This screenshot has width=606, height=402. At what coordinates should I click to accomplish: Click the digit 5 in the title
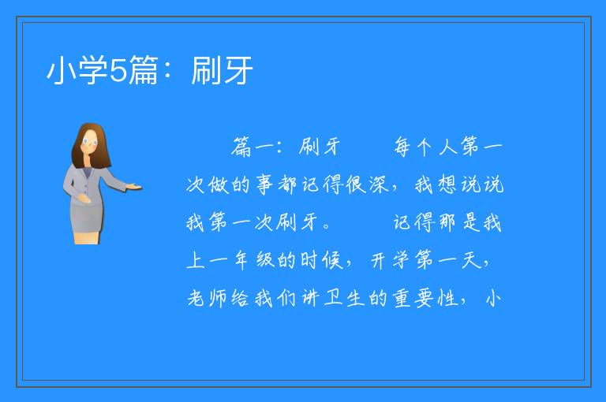(118, 70)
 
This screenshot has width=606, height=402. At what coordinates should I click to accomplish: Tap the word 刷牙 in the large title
(222, 70)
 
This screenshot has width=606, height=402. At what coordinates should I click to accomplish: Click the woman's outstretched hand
(133, 188)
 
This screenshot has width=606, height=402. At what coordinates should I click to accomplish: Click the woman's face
(91, 143)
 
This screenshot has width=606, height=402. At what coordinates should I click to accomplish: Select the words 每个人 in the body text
(425, 147)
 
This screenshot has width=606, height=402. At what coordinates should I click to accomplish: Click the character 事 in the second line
(265, 184)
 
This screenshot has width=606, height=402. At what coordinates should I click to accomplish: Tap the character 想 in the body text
(447, 184)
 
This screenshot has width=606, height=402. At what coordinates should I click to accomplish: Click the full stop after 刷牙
(326, 226)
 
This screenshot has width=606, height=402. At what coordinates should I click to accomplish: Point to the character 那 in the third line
(447, 222)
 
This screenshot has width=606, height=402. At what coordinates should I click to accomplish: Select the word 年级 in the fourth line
(255, 260)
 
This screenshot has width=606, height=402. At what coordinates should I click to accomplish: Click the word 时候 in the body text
(322, 260)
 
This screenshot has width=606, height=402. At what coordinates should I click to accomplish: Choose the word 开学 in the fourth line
(390, 260)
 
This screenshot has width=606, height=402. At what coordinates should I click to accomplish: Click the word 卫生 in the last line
(344, 298)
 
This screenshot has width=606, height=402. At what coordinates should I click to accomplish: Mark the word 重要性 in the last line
(425, 298)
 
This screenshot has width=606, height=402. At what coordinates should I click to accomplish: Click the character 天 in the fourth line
(472, 260)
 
